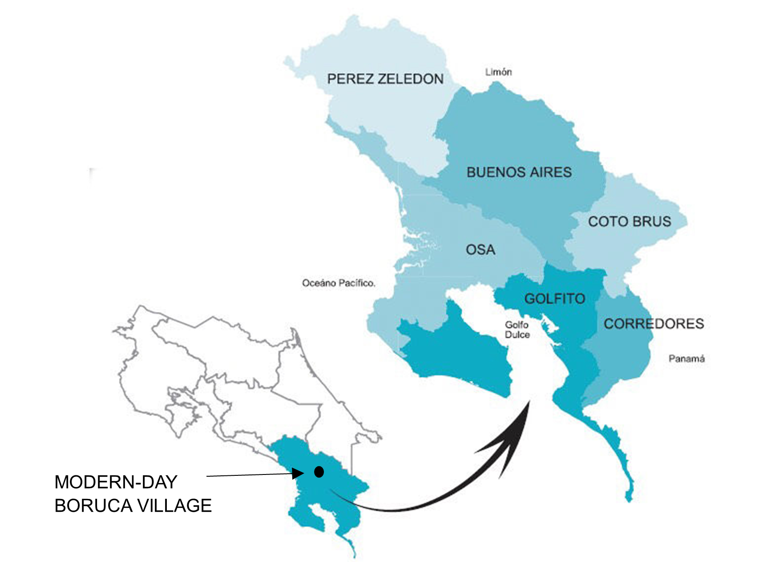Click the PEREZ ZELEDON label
pos(385,79)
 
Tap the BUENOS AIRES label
pos(519,172)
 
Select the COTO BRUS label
pos(630,221)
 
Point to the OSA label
pos(480,250)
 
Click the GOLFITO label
pos(554,299)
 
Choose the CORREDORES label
pos(654,323)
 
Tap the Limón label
pos(498,72)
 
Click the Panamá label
pos(686,359)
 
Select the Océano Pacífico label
pos(339,283)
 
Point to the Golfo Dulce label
pos(517,330)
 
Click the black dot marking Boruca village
pos(319,472)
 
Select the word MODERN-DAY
pos(116,482)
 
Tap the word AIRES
pos(550,172)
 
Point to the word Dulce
pos(517,335)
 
